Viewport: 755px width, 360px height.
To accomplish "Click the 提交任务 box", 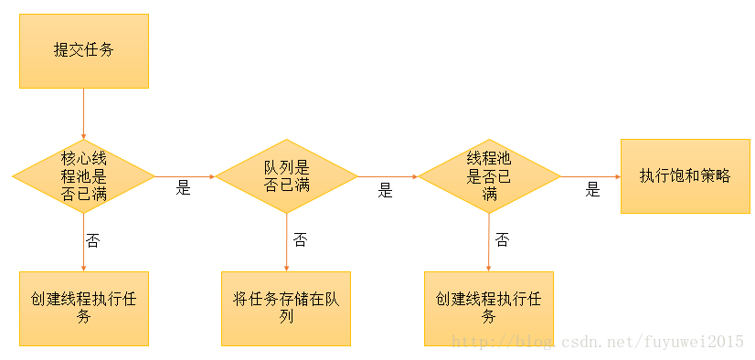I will coord(83,50).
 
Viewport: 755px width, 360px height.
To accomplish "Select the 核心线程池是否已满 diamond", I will coord(83,175).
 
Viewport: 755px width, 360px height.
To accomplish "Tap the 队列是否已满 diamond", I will coord(286,175).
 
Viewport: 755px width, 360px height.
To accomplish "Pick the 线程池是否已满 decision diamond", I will coord(489,175).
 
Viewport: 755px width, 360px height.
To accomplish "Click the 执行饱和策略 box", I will coord(685,175).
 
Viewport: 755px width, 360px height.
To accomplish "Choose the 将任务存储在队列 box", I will coord(286,308).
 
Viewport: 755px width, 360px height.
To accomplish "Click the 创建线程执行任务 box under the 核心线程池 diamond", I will coord(83,308).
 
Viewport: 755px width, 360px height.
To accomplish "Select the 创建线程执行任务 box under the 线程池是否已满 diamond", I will coord(489,308).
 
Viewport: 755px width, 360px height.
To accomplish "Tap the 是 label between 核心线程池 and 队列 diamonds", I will coord(184,189).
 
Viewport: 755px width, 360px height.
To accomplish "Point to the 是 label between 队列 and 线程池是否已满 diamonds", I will coord(386,191).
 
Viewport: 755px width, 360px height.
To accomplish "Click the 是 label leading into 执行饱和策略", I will coord(592,190).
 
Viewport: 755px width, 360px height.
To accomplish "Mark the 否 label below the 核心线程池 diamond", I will coord(92,240).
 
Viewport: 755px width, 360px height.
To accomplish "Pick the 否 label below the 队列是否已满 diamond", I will coord(300,240).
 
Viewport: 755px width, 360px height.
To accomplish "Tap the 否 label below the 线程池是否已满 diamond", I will coord(502,240).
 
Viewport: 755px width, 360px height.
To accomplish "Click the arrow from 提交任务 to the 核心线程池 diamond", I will coord(83,113).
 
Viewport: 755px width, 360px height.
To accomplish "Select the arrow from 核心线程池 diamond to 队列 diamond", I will coord(186,175).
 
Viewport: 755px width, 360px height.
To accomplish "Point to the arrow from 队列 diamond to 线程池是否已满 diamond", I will coord(388,175).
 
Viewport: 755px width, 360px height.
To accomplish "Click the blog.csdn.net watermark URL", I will coord(599,342).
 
